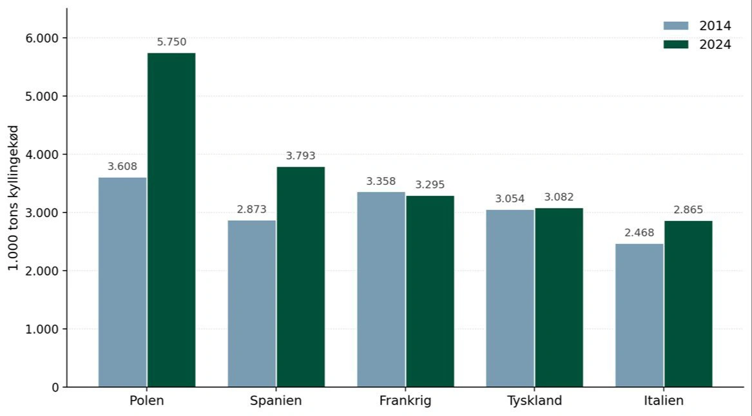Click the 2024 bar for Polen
[171, 220]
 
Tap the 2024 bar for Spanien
[301, 277]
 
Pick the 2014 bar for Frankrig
[381, 289]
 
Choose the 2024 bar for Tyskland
[559, 298]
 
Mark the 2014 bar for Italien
[639, 315]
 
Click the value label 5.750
[171, 43]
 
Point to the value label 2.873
[251, 210]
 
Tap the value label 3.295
[430, 185]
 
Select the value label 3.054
[510, 199]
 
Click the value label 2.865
[688, 210]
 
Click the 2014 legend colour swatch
[676, 26]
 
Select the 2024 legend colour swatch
[676, 44]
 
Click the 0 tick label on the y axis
[55, 388]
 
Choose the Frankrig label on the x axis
[405, 401]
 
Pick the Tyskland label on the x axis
[535, 401]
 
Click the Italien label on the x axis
[664, 401]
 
